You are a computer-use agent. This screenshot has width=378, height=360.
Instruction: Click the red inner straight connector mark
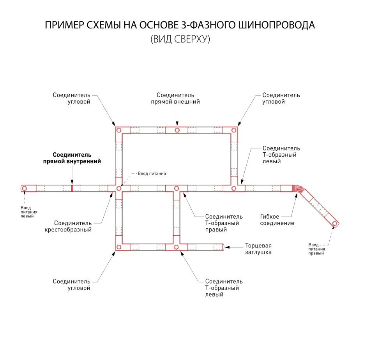pyautogui.click(x=72, y=188)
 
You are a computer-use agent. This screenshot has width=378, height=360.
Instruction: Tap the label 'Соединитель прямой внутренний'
pyautogui.click(x=72, y=158)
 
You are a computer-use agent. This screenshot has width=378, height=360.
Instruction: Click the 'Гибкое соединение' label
pyautogui.click(x=277, y=220)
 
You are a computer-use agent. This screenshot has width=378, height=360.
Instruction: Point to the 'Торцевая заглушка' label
pyautogui.click(x=258, y=249)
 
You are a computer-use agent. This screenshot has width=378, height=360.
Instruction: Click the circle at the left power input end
pyautogui.click(x=24, y=189)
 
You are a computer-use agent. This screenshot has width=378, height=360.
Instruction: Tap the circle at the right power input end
pyautogui.click(x=335, y=224)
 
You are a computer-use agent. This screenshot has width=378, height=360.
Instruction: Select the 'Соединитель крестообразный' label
pyautogui.click(x=72, y=226)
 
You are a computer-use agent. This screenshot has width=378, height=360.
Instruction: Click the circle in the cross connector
pyautogui.click(x=118, y=189)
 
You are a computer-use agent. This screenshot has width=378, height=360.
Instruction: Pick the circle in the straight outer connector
pyautogui.click(x=177, y=130)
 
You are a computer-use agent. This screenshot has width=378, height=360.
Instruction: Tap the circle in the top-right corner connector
pyautogui.click(x=234, y=130)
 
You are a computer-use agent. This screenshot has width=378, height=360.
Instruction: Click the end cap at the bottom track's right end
pyautogui.click(x=223, y=247)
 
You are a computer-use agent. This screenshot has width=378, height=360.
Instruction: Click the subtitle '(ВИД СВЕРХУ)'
pyautogui.click(x=180, y=39)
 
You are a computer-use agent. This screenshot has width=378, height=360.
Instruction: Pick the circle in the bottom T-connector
pyautogui.click(x=176, y=247)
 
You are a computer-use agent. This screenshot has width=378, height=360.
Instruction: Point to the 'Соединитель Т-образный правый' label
pyautogui.click(x=224, y=223)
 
